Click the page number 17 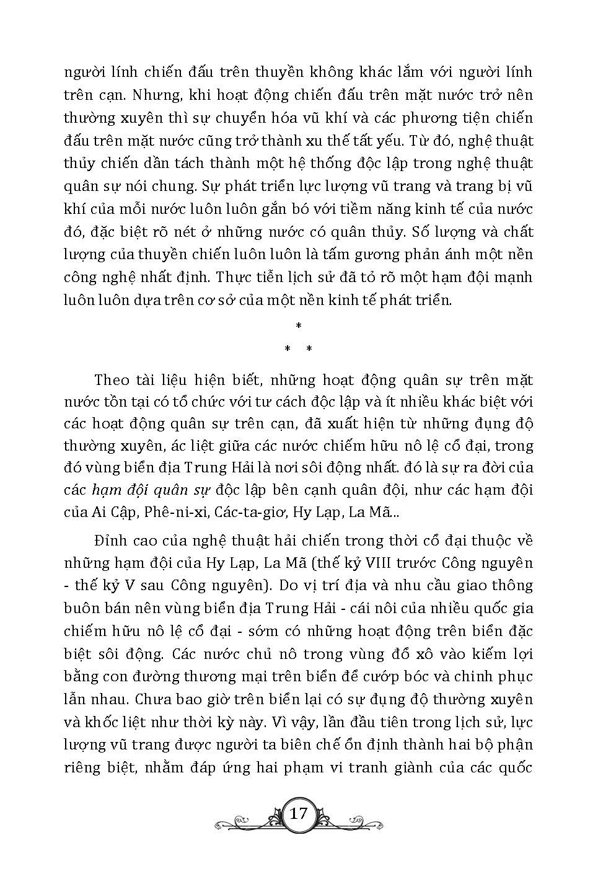pos(298,813)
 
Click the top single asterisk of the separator pos(299,326)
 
